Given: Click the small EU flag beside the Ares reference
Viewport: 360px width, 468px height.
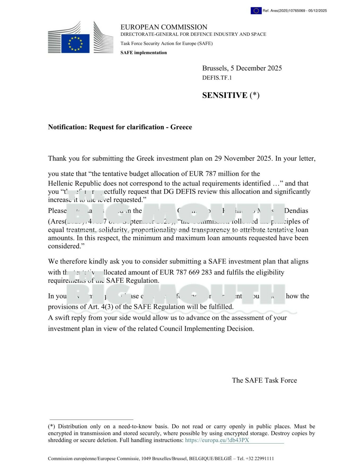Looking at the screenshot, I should pyautogui.click(x=256, y=11).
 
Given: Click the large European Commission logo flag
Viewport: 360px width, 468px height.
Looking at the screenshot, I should pyautogui.click(x=75, y=43).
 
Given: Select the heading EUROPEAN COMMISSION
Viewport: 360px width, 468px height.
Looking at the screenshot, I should pyautogui.click(x=164, y=27).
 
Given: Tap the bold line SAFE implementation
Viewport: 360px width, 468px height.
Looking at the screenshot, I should pyautogui.click(x=144, y=53).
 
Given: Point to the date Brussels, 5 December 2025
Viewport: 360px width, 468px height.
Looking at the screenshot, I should pyautogui.click(x=242, y=68).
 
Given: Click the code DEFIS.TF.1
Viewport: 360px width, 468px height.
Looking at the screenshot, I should pyautogui.click(x=217, y=78).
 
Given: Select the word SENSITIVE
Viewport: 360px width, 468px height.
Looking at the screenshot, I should pyautogui.click(x=224, y=95).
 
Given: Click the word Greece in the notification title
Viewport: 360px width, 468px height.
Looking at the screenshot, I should pyautogui.click(x=181, y=127).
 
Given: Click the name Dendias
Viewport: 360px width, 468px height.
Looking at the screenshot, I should pyautogui.click(x=296, y=211).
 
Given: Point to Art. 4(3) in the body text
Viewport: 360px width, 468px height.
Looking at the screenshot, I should pyautogui.click(x=100, y=307).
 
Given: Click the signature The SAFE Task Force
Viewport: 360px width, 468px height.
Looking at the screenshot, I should pyautogui.click(x=264, y=380).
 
